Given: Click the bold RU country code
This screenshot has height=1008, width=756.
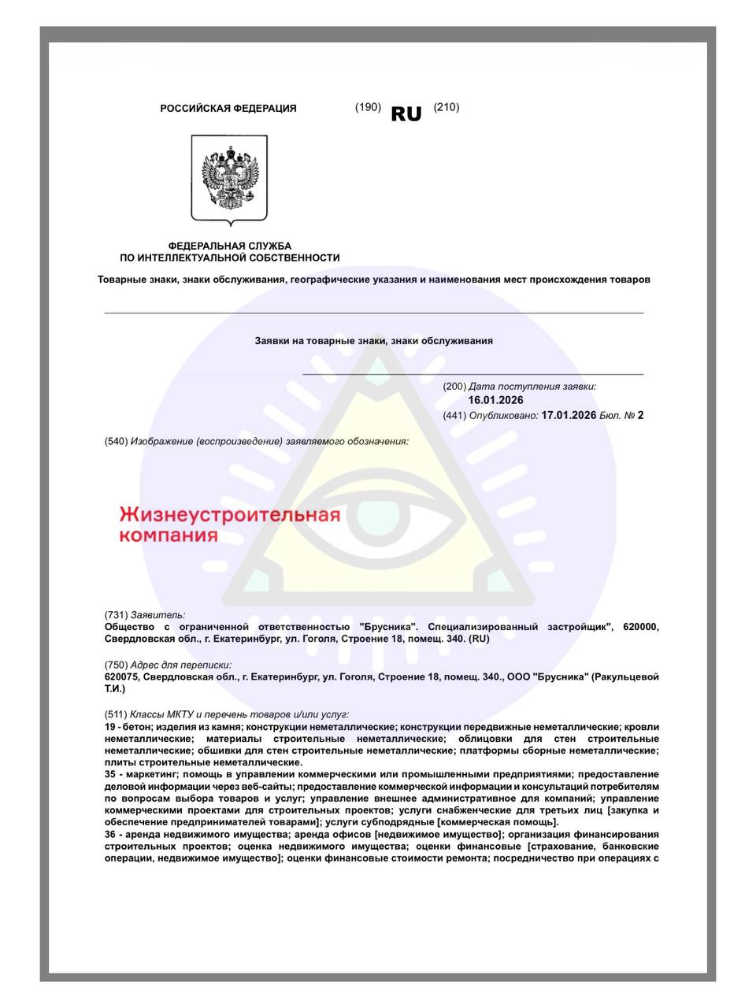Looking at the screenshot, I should (x=406, y=114).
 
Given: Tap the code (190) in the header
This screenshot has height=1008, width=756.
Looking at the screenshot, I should (x=368, y=107).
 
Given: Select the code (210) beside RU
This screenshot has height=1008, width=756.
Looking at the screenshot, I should (x=446, y=107).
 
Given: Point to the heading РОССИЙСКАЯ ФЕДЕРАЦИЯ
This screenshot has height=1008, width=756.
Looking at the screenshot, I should (x=228, y=109).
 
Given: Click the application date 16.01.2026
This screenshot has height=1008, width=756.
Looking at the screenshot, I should (x=495, y=400).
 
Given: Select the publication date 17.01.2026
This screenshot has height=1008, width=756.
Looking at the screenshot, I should (x=569, y=415).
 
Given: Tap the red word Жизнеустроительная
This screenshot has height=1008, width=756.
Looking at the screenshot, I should (x=229, y=517).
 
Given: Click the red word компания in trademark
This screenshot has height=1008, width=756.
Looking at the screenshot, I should (x=168, y=536).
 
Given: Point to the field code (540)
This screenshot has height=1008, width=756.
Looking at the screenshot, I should (x=116, y=441).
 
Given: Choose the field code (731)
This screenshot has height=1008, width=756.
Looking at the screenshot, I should (x=116, y=614).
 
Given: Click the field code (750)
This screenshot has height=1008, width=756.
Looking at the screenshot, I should (x=116, y=665).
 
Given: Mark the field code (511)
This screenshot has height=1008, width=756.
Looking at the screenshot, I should (x=116, y=713).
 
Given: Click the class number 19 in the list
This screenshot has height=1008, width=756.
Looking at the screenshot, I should (x=110, y=727).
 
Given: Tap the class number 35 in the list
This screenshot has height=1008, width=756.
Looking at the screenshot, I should (x=110, y=775).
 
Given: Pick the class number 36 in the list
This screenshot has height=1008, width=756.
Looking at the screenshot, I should (x=110, y=835).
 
